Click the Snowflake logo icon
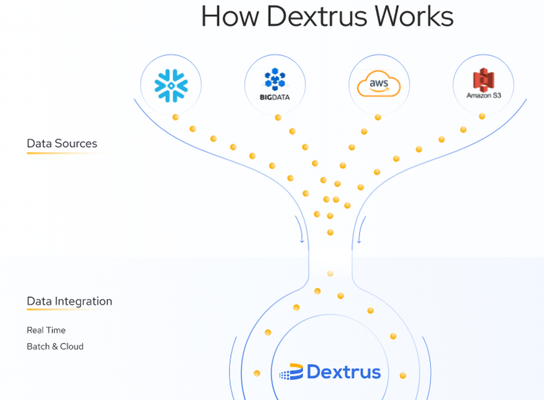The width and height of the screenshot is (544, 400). coord(171,85)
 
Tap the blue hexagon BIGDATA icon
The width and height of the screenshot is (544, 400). coord(275,80)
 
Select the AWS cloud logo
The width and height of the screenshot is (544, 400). coord(379,85)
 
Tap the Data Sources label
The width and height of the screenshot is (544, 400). coord(62,143)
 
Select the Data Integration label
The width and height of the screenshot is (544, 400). coord(70,301)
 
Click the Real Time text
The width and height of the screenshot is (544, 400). coord(46,330)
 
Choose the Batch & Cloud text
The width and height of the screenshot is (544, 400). coord(55,346)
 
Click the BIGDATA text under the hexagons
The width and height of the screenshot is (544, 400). coord(275,98)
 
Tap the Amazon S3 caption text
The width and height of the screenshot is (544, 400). coord(484,96)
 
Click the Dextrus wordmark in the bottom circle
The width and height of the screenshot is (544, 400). coord(344,372)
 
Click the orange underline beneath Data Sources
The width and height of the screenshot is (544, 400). coord(62,153)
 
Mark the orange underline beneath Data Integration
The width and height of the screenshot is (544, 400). coord(65,310)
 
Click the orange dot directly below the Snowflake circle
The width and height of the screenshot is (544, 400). coord(175,117)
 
